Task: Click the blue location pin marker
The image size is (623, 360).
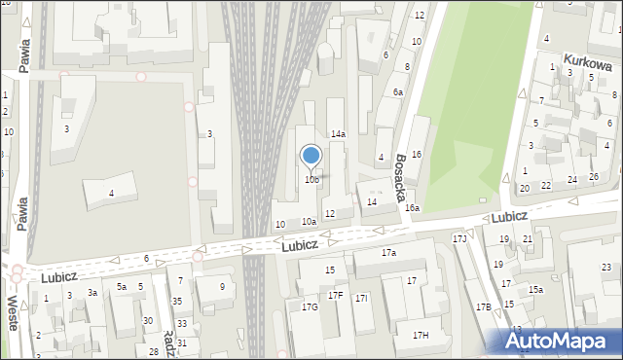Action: [311, 157]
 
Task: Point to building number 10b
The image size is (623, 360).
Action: [311, 180]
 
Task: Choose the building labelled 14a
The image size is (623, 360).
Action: [338, 134]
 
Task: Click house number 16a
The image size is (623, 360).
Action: [413, 208]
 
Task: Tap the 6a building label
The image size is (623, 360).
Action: [398, 91]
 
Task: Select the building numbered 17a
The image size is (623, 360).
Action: [388, 253]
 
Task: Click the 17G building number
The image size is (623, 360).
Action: [310, 307]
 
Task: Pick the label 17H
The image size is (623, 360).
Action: [420, 336]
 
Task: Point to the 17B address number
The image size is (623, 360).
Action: [484, 307]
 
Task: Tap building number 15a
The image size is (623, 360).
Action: [535, 289]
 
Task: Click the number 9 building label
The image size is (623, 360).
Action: [222, 286]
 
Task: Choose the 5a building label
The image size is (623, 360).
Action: [122, 287]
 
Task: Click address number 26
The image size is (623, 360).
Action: [594, 177]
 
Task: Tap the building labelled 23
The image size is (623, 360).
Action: [606, 268]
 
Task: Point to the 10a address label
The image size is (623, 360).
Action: [309, 222]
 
